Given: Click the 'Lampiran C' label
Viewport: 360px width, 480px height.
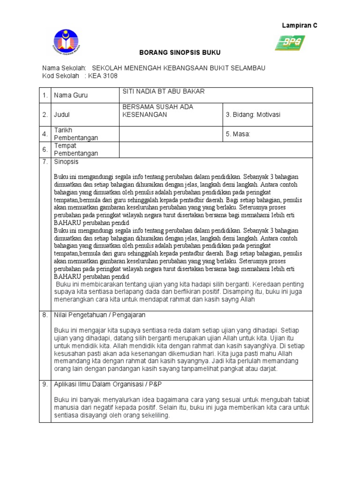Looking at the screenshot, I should [299, 26].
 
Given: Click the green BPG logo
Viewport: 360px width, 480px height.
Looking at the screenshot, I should [290, 43].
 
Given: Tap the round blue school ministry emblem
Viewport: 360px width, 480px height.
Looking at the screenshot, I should [66, 43].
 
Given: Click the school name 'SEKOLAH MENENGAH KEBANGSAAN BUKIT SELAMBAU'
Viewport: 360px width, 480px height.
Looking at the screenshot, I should [179, 68].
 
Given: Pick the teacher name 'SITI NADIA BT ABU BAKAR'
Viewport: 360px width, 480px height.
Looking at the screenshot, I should [163, 91].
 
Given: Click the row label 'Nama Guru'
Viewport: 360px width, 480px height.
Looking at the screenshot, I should [71, 95].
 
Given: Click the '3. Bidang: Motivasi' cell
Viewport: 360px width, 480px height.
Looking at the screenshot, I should [253, 114].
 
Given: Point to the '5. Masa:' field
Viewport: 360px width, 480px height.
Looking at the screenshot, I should [238, 134].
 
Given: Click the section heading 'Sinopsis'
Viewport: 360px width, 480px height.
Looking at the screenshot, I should [67, 162].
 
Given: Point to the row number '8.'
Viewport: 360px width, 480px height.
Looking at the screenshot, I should [45, 315].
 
